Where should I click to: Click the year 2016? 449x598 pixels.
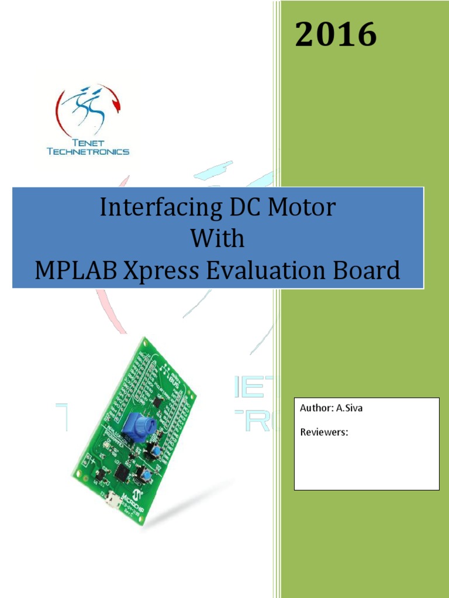tap(336, 35)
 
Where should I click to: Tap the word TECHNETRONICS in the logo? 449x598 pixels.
tap(88, 151)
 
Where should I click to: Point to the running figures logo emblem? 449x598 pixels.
tap(88, 110)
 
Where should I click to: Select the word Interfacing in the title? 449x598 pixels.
tap(150, 207)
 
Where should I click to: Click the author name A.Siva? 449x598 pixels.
tap(349, 408)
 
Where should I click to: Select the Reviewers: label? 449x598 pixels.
tap(324, 433)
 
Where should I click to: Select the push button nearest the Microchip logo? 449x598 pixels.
tap(142, 475)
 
